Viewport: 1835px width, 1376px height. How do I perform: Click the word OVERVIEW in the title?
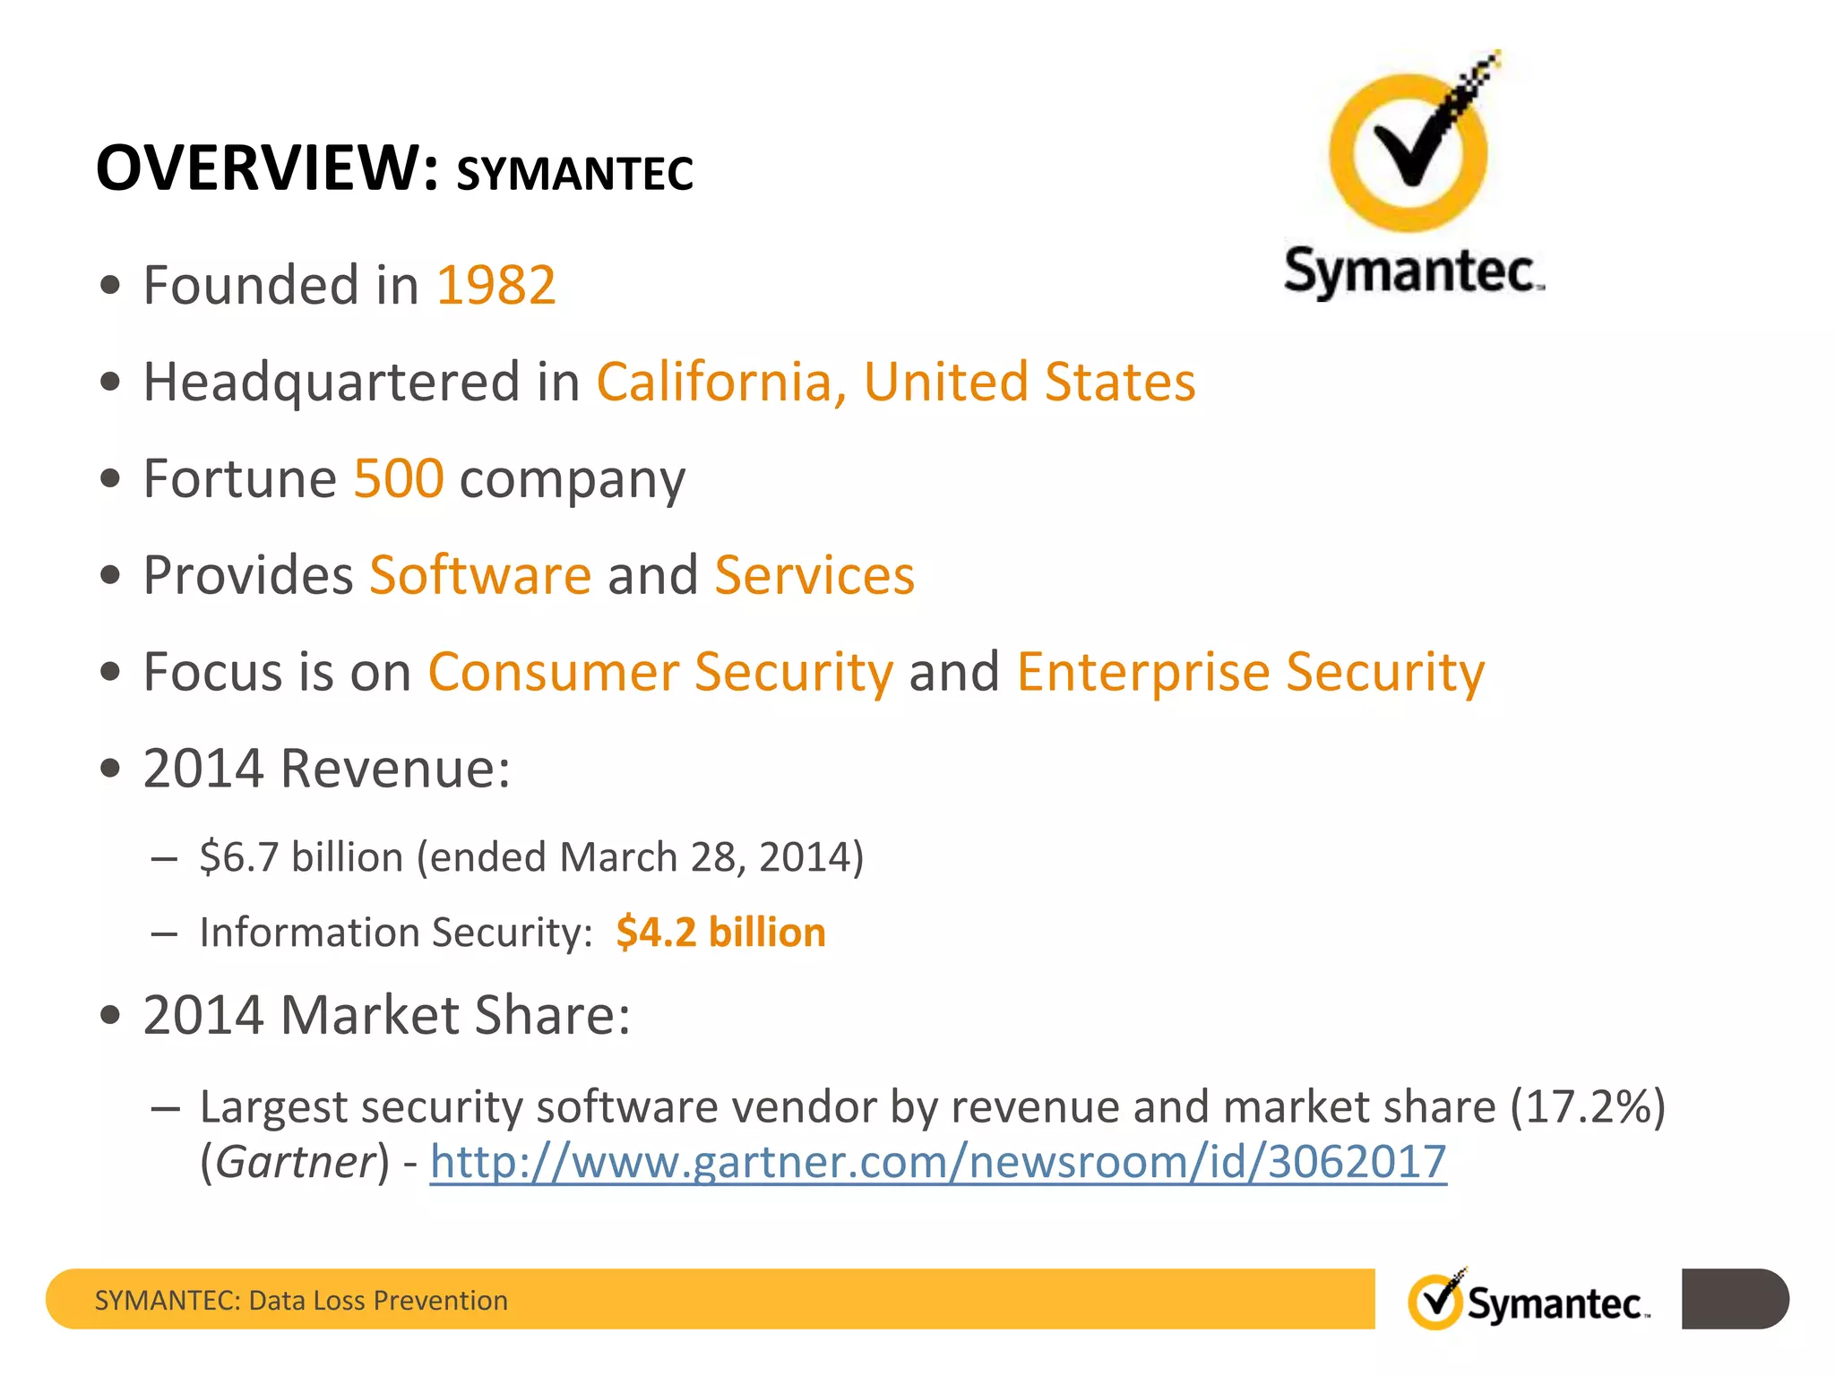click(267, 168)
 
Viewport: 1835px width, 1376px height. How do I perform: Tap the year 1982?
click(495, 286)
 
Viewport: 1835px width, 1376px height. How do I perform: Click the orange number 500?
click(399, 478)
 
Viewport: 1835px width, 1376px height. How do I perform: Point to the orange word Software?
click(480, 575)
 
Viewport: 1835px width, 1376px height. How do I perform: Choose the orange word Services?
click(814, 575)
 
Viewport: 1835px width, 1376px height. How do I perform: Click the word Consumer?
click(553, 672)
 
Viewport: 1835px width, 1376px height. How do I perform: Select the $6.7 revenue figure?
click(239, 857)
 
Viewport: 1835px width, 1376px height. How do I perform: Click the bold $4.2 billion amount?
click(720, 933)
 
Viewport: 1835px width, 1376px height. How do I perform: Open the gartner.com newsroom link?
click(938, 1162)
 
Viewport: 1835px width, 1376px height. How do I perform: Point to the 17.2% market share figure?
click(1588, 1107)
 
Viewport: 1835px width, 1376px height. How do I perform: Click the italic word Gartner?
click(295, 1162)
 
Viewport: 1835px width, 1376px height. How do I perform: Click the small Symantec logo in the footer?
click(1529, 1301)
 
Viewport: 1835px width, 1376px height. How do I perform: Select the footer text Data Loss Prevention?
click(378, 1301)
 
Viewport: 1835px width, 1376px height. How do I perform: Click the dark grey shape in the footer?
click(1734, 1299)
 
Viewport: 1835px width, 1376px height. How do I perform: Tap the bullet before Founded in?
click(110, 286)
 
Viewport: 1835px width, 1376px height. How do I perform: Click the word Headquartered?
click(332, 383)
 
